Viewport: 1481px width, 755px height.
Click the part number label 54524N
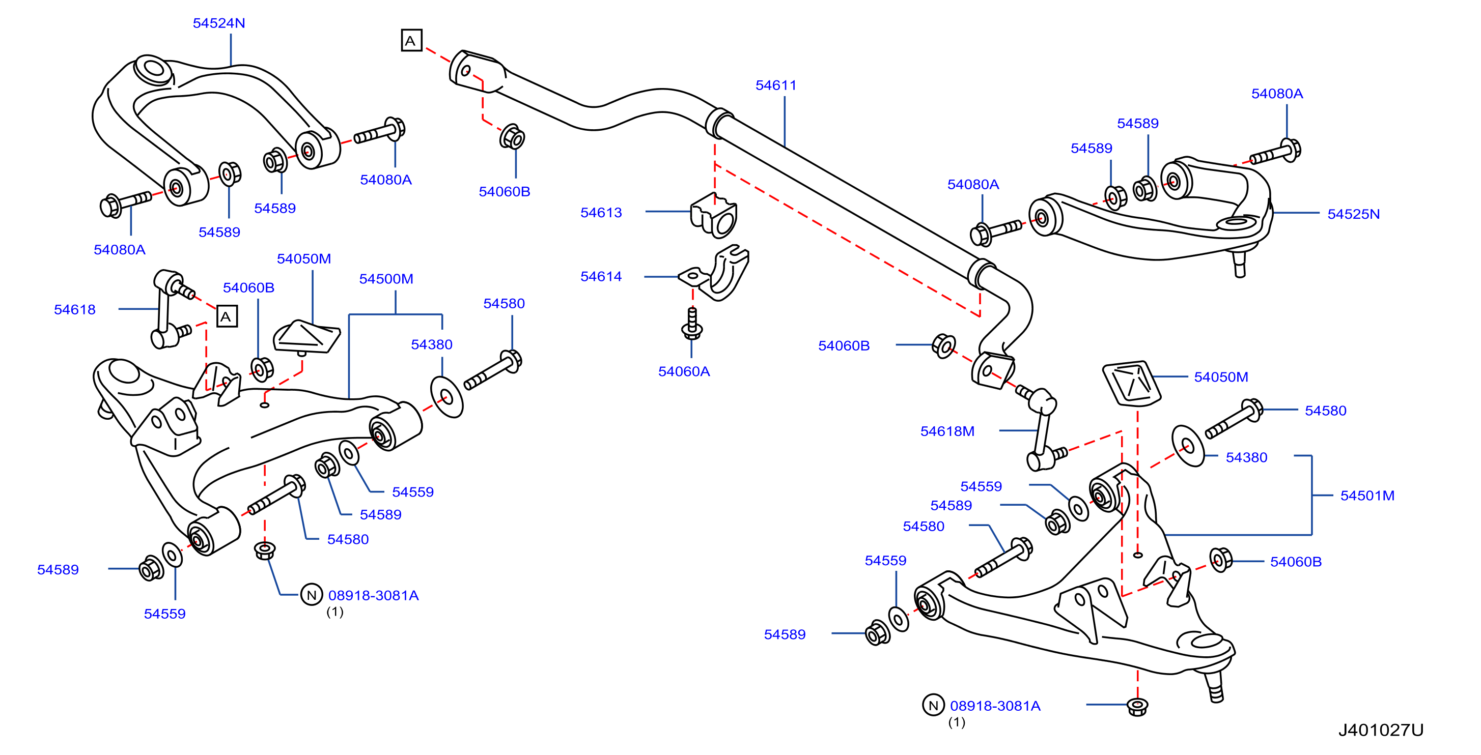[x=218, y=23]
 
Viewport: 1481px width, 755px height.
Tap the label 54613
[x=601, y=213]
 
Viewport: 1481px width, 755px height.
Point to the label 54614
[x=601, y=276]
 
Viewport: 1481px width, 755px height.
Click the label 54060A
[x=684, y=371]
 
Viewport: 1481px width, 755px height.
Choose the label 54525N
[x=1353, y=214]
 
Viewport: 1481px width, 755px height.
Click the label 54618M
[x=947, y=431]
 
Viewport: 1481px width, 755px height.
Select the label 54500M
[x=386, y=279]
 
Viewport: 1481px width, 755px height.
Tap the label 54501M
[x=1367, y=496]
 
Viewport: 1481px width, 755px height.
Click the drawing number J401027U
[x=1381, y=730]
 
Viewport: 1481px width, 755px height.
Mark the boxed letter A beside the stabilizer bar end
[x=412, y=41]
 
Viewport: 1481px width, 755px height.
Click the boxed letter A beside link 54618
[x=227, y=316]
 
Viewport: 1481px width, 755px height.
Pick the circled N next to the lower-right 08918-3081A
[x=933, y=705]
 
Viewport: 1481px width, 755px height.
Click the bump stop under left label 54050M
[x=306, y=338]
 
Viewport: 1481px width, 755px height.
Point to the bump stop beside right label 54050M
[x=1131, y=384]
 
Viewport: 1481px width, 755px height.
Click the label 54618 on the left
[x=75, y=310]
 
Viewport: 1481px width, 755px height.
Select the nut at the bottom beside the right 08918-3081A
[x=1137, y=707]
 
